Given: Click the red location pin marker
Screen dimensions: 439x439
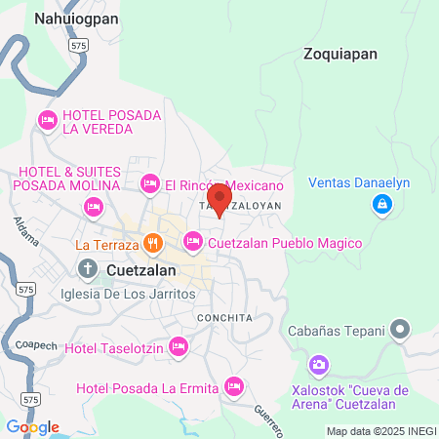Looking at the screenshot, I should tap(219, 198).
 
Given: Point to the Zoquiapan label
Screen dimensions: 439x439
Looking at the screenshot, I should tap(339, 54).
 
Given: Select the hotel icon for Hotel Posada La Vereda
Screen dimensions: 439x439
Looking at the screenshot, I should tap(46, 120).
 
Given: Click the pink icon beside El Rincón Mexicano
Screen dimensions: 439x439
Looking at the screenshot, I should tap(149, 182).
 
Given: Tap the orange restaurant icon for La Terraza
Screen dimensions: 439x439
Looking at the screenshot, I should tap(152, 243).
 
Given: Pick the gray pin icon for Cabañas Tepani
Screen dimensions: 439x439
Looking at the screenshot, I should tap(399, 331).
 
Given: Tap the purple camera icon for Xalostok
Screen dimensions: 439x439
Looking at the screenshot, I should tap(318, 366).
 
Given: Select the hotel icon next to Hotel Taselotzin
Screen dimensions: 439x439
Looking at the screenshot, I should tap(178, 344).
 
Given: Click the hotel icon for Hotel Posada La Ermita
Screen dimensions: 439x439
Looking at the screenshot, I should tap(232, 386).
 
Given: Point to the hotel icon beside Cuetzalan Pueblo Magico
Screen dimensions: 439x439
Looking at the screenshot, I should tap(192, 241).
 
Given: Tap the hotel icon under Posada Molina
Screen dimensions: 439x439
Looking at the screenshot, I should tap(93, 206).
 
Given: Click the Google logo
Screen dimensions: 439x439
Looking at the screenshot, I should tap(32, 426).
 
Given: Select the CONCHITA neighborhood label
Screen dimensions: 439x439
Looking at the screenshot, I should tap(224, 318).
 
